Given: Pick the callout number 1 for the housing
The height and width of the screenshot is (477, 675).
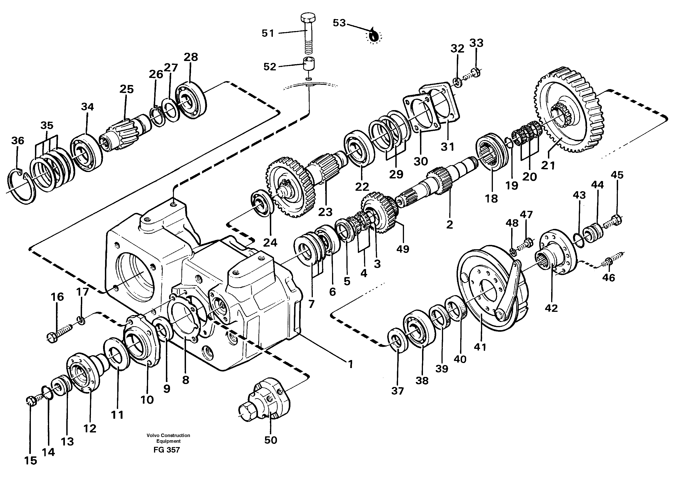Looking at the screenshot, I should pyautogui.click(x=350, y=364).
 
